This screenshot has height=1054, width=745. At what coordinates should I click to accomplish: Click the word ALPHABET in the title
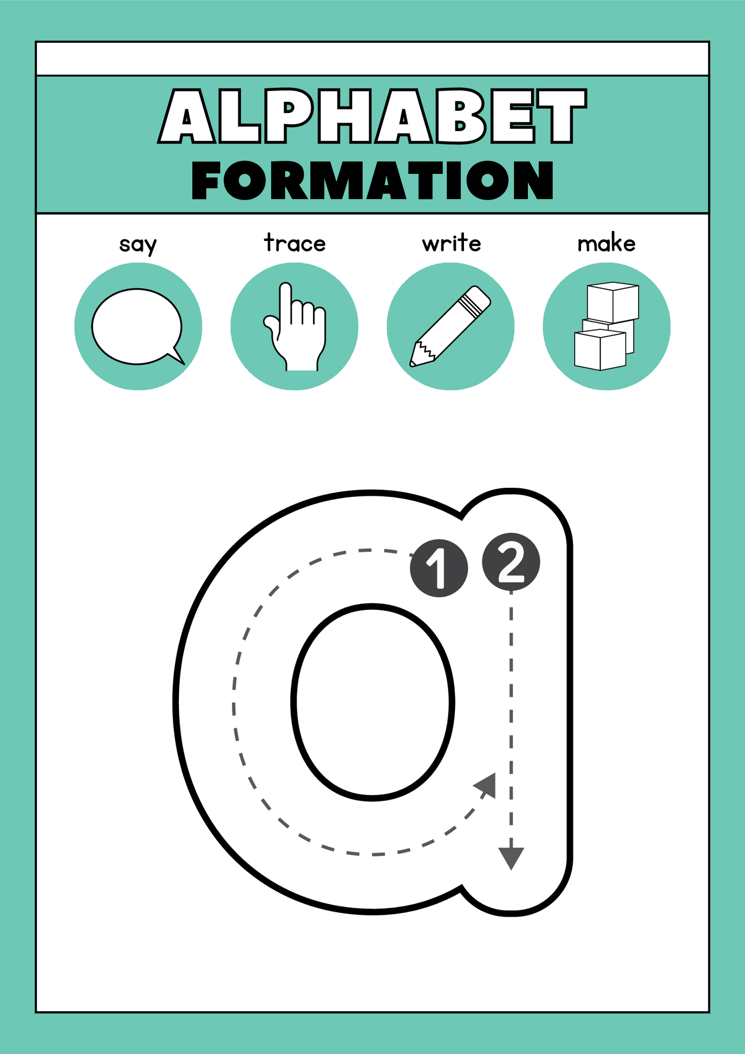372,117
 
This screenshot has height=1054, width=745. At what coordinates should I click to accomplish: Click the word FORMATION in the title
372,180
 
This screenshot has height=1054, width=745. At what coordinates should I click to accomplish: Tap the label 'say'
138,244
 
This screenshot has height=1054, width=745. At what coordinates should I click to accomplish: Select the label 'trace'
295,243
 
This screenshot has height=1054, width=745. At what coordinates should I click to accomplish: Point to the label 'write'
451,243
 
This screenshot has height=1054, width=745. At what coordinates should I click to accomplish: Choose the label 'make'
606,243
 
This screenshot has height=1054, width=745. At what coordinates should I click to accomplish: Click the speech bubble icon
137,326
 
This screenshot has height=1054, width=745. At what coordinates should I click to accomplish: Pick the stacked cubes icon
606,326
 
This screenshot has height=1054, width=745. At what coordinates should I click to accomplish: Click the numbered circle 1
439,568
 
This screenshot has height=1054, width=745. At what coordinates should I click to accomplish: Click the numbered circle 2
511,562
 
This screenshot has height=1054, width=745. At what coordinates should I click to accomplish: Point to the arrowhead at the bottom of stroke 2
511,858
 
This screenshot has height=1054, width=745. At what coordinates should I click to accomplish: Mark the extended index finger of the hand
285,303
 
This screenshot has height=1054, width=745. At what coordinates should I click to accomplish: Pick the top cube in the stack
613,302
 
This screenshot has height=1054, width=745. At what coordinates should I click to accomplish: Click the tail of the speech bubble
178,357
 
